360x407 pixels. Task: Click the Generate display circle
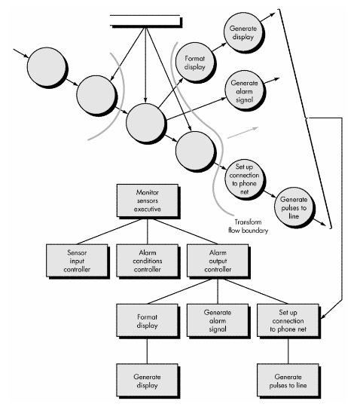point(243,32)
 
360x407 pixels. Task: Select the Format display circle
point(195,63)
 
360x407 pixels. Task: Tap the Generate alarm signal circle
point(244,91)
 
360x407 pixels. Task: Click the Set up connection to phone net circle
point(244,179)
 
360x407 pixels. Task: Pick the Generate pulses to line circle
point(294,207)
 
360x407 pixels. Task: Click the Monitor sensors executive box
point(148,200)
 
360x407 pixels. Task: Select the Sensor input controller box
point(77,261)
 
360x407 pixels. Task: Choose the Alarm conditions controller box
point(148,261)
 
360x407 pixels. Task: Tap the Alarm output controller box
point(218,261)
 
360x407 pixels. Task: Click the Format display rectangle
point(148,320)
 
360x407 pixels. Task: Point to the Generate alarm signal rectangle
point(218,320)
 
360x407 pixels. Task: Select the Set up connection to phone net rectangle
point(288,320)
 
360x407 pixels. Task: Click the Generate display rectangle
point(148,381)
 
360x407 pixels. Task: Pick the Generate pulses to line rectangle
point(288,381)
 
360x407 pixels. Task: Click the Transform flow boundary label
point(249,226)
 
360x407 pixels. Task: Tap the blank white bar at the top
point(145,20)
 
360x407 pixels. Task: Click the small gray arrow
point(243,133)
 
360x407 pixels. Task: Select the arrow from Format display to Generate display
point(219,47)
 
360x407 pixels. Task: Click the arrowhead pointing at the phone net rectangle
point(323,316)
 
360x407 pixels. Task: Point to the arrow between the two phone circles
point(270,194)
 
